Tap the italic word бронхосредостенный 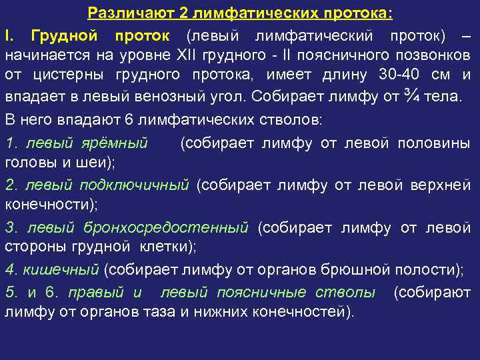[x=166, y=227]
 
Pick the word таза [x=171, y=311]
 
